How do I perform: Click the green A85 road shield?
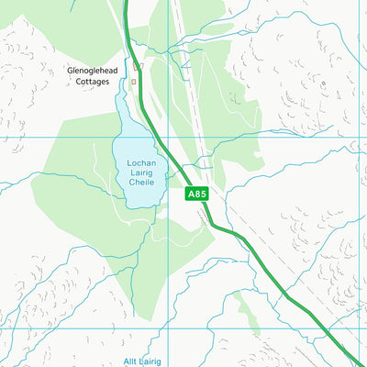[x=197, y=195]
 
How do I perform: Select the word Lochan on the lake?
[x=140, y=163]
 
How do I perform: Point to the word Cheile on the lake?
[x=140, y=183]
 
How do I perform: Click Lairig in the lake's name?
[x=141, y=173]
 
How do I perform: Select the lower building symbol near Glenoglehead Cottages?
[x=134, y=82]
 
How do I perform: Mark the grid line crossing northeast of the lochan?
[x=167, y=138]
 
